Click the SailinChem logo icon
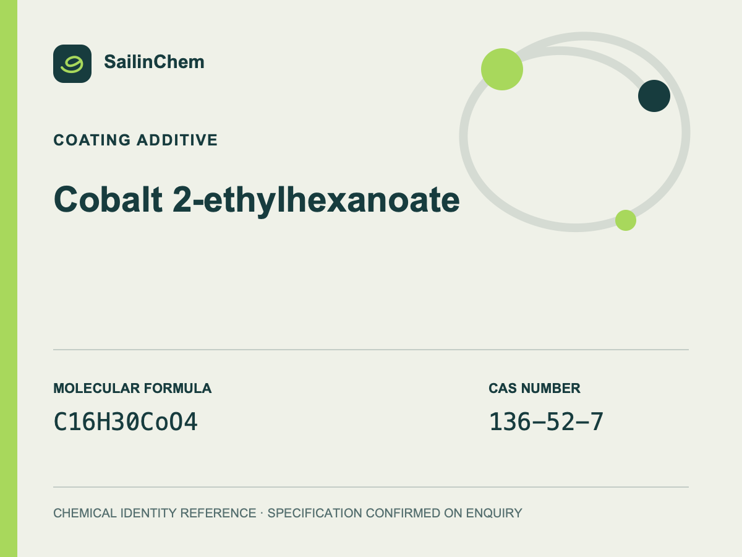(72, 64)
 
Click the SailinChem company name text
(154, 62)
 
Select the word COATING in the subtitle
(92, 140)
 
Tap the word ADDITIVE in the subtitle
(177, 140)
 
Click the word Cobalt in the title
(108, 199)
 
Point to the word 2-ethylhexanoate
(316, 201)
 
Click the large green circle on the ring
(502, 69)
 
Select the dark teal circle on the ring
(654, 96)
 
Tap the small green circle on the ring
(626, 220)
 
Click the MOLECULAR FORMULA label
(132, 388)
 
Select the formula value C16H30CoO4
(126, 421)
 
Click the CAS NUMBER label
(534, 388)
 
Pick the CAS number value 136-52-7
(546, 421)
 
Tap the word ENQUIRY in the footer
(494, 513)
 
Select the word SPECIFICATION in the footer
(315, 513)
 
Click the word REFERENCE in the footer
(218, 513)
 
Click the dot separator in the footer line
(262, 514)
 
